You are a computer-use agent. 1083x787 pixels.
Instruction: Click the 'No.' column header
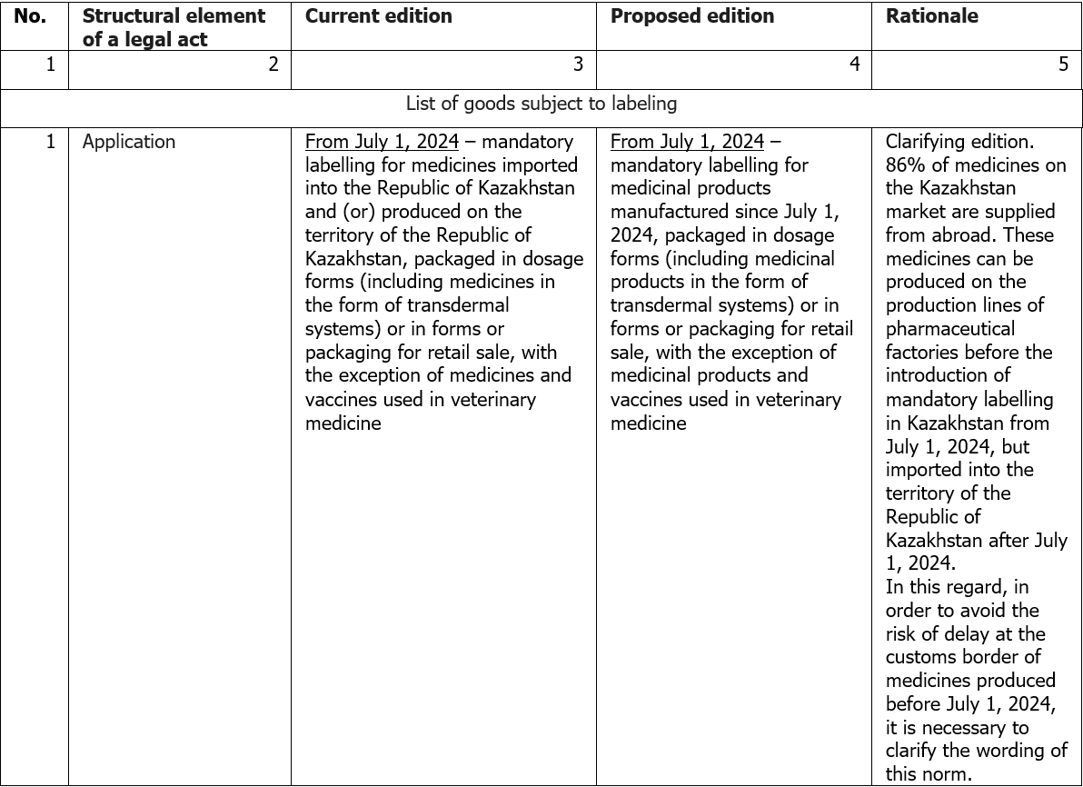tap(30, 16)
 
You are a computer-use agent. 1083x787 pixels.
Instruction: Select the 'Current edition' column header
tap(378, 16)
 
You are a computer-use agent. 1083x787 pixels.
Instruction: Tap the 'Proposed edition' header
tap(692, 16)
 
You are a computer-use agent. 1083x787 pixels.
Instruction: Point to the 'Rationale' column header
tap(931, 16)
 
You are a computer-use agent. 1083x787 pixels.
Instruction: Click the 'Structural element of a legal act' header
tap(174, 27)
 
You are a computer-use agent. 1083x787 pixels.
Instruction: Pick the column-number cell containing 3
tap(577, 65)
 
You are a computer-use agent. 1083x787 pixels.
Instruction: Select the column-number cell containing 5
tap(1063, 65)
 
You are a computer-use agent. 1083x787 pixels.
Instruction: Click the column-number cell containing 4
tap(854, 65)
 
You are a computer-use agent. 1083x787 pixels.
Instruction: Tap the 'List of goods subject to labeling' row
tap(541, 104)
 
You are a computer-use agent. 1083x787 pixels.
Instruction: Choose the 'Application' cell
tap(129, 142)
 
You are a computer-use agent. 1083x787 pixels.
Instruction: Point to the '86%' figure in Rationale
tap(905, 165)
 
